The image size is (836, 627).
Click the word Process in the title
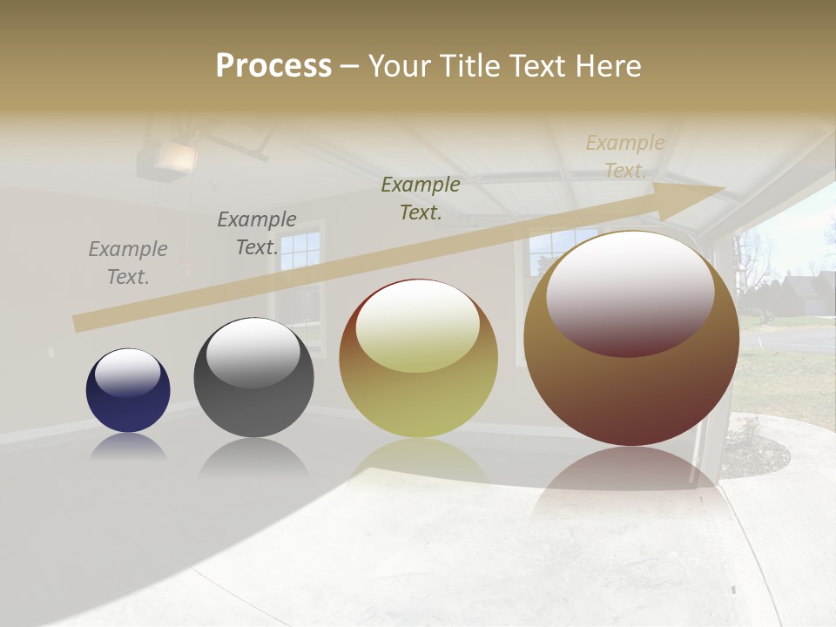point(273,66)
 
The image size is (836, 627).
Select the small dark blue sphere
point(128,391)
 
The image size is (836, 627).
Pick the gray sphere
point(253,378)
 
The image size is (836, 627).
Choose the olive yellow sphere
point(418,359)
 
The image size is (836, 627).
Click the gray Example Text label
point(128,263)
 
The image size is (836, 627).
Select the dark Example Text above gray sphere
point(257,233)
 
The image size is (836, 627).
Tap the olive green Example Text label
point(421,198)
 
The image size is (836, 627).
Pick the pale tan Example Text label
point(625,157)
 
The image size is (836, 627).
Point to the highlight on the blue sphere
point(128,373)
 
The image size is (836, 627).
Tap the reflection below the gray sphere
point(253,457)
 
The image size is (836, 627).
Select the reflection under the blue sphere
point(128,446)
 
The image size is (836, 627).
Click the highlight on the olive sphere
point(417,325)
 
